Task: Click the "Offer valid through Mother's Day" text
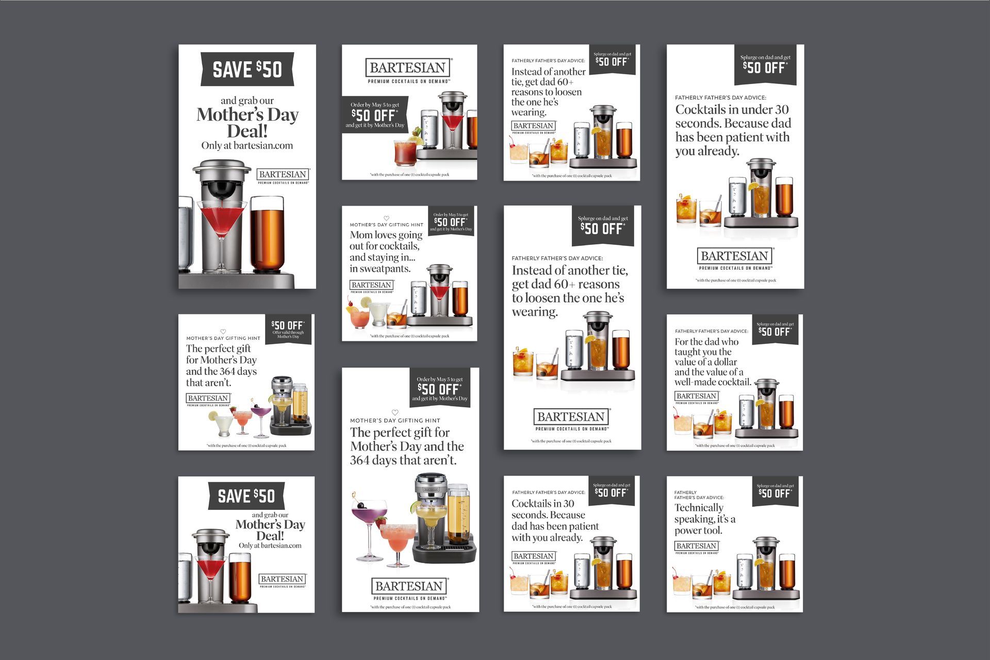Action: pyautogui.click(x=288, y=335)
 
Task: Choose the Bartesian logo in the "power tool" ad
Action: pyautogui.click(x=697, y=547)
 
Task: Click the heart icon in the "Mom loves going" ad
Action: pyautogui.click(x=386, y=219)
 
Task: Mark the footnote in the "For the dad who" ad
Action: pyautogui.click(x=735, y=445)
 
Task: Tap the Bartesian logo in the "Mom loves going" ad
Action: pyautogui.click(x=372, y=286)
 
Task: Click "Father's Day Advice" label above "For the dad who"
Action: pyautogui.click(x=711, y=331)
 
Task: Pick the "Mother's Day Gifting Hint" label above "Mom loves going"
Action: pyautogui.click(x=386, y=225)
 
